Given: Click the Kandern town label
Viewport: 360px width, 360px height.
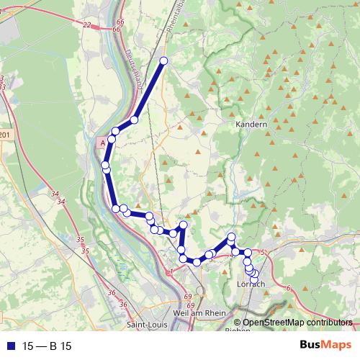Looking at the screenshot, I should click(x=251, y=124).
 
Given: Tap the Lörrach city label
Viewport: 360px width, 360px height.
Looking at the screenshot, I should click(x=251, y=284).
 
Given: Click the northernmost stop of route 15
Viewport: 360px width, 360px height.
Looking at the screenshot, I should click(x=163, y=61).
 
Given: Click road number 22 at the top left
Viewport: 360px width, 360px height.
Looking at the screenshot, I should click(x=86, y=25).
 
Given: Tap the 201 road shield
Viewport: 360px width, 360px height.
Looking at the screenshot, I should click(x=6, y=135).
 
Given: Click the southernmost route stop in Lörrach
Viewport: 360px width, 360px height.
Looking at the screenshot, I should click(x=254, y=280).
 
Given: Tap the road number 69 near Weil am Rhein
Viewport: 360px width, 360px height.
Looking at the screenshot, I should click(x=188, y=297).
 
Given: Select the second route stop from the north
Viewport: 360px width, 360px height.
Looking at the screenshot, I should click(x=135, y=120).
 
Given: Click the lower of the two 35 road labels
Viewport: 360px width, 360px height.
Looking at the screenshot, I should click(x=86, y=250).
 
